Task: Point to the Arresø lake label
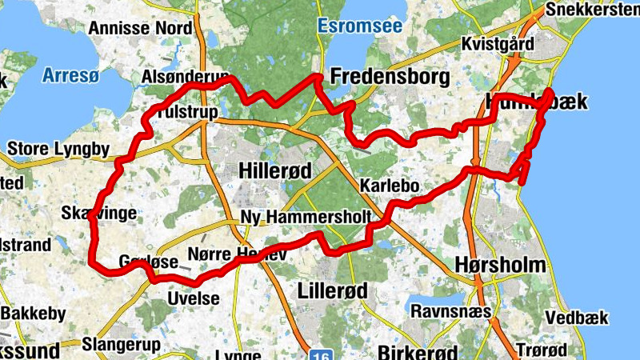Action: [71, 76]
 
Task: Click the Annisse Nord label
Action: [141, 28]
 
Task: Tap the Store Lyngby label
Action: [58, 148]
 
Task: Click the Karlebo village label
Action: [390, 186]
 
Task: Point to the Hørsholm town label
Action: [500, 265]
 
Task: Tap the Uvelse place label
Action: [193, 299]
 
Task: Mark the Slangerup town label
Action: [122, 345]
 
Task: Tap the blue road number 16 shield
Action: [320, 353]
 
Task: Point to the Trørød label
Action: [542, 350]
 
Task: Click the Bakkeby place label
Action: [33, 314]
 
